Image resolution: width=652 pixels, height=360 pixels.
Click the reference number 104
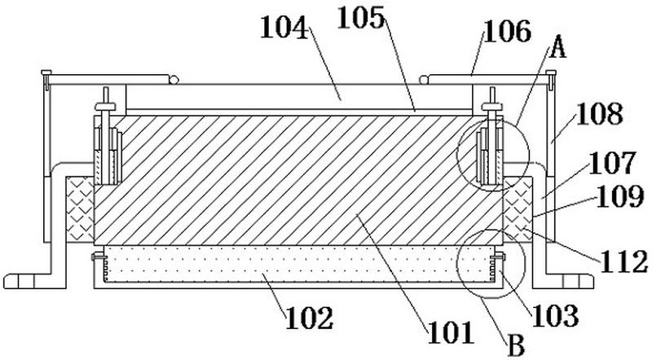(284, 29)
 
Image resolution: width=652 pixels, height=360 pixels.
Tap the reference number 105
(361, 18)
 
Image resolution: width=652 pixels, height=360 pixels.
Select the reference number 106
(508, 32)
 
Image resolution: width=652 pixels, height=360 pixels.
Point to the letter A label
(557, 46)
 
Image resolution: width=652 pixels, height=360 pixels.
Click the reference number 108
(599, 113)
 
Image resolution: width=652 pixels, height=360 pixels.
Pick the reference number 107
(612, 163)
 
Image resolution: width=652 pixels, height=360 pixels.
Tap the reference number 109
(620, 196)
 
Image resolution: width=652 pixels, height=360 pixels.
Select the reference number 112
(623, 263)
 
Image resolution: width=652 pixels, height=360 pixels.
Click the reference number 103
(555, 315)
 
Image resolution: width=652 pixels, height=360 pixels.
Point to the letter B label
(516, 345)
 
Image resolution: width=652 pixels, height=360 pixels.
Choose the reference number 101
(452, 332)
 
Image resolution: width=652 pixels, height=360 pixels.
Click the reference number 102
(310, 318)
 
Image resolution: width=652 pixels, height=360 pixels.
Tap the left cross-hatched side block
(80, 209)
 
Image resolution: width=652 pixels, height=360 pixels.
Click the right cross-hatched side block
(518, 209)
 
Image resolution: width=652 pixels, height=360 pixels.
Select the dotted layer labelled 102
(298, 263)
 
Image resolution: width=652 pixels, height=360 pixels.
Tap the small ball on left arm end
(174, 79)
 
